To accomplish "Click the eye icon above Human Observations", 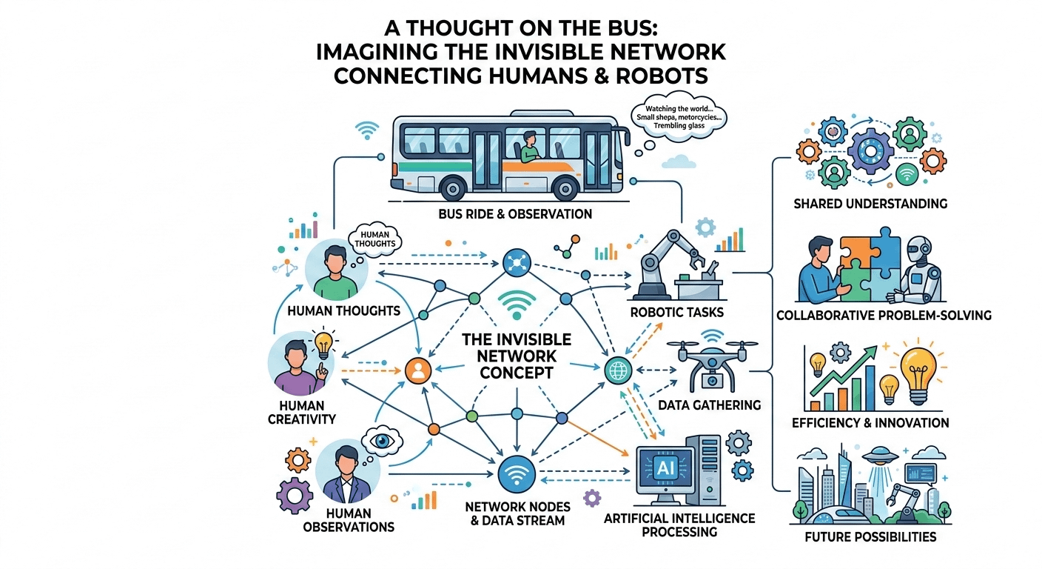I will [x=384, y=439].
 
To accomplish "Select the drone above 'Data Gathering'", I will [x=711, y=360].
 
